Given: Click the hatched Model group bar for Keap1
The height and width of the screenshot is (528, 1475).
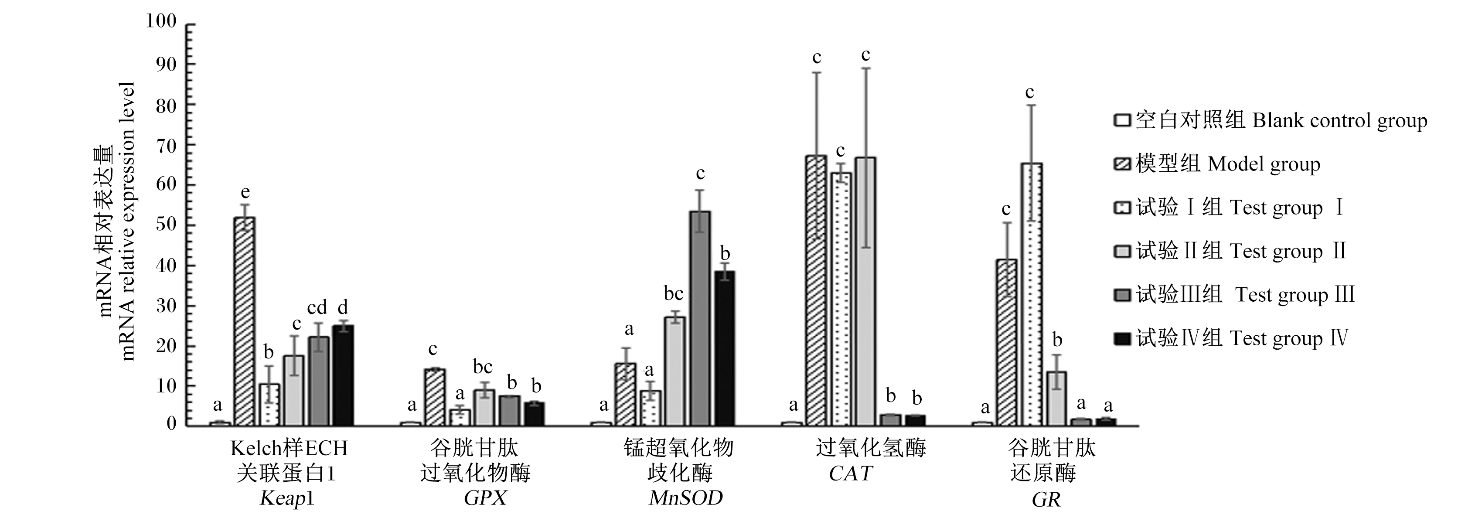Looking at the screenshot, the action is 245,321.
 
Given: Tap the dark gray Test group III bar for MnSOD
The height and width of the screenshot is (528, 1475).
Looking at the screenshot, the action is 700,318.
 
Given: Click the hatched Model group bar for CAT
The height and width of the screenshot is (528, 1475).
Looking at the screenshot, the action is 816,290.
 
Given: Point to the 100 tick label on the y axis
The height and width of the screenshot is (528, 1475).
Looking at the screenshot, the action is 161,22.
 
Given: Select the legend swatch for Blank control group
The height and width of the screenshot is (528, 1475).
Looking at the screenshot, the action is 1122,121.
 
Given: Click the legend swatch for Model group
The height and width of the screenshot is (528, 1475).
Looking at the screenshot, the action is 1122,164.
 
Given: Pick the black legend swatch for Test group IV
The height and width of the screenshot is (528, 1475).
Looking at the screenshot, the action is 1122,338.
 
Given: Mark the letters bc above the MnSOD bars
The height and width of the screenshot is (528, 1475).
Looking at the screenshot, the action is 674,294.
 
